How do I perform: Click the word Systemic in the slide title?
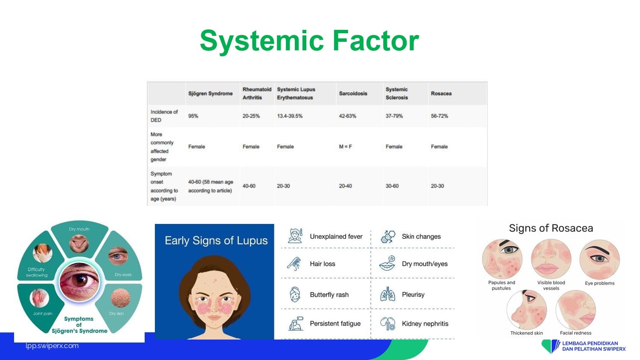point(262,41)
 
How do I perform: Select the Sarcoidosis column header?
point(353,93)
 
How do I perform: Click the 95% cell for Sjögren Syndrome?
point(193,116)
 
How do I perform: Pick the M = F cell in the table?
point(346,147)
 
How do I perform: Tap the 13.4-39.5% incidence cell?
point(290,116)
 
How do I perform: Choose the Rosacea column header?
point(441,93)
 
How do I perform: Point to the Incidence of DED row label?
point(164,116)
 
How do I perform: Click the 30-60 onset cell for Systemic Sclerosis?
point(392,186)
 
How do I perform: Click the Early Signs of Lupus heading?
point(216,241)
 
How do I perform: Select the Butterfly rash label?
point(329,295)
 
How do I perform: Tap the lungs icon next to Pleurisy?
point(387,294)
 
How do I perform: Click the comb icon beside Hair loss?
point(294,264)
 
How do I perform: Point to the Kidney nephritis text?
point(425,324)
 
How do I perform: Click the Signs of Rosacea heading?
point(551,228)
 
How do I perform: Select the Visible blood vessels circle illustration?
point(551,259)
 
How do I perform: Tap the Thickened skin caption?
point(527,333)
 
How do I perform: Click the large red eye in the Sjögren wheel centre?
point(79,282)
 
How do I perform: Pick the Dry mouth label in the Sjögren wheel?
point(79,229)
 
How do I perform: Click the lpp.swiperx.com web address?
point(52,346)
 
